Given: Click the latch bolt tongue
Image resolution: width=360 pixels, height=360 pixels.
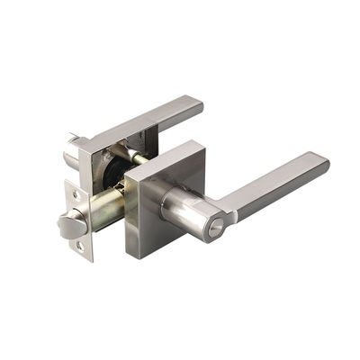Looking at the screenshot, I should coord(70,226).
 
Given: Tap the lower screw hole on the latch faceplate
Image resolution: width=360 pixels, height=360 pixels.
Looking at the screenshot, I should coord(80,244).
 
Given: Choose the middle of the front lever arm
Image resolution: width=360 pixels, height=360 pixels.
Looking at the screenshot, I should coord(274,186).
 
